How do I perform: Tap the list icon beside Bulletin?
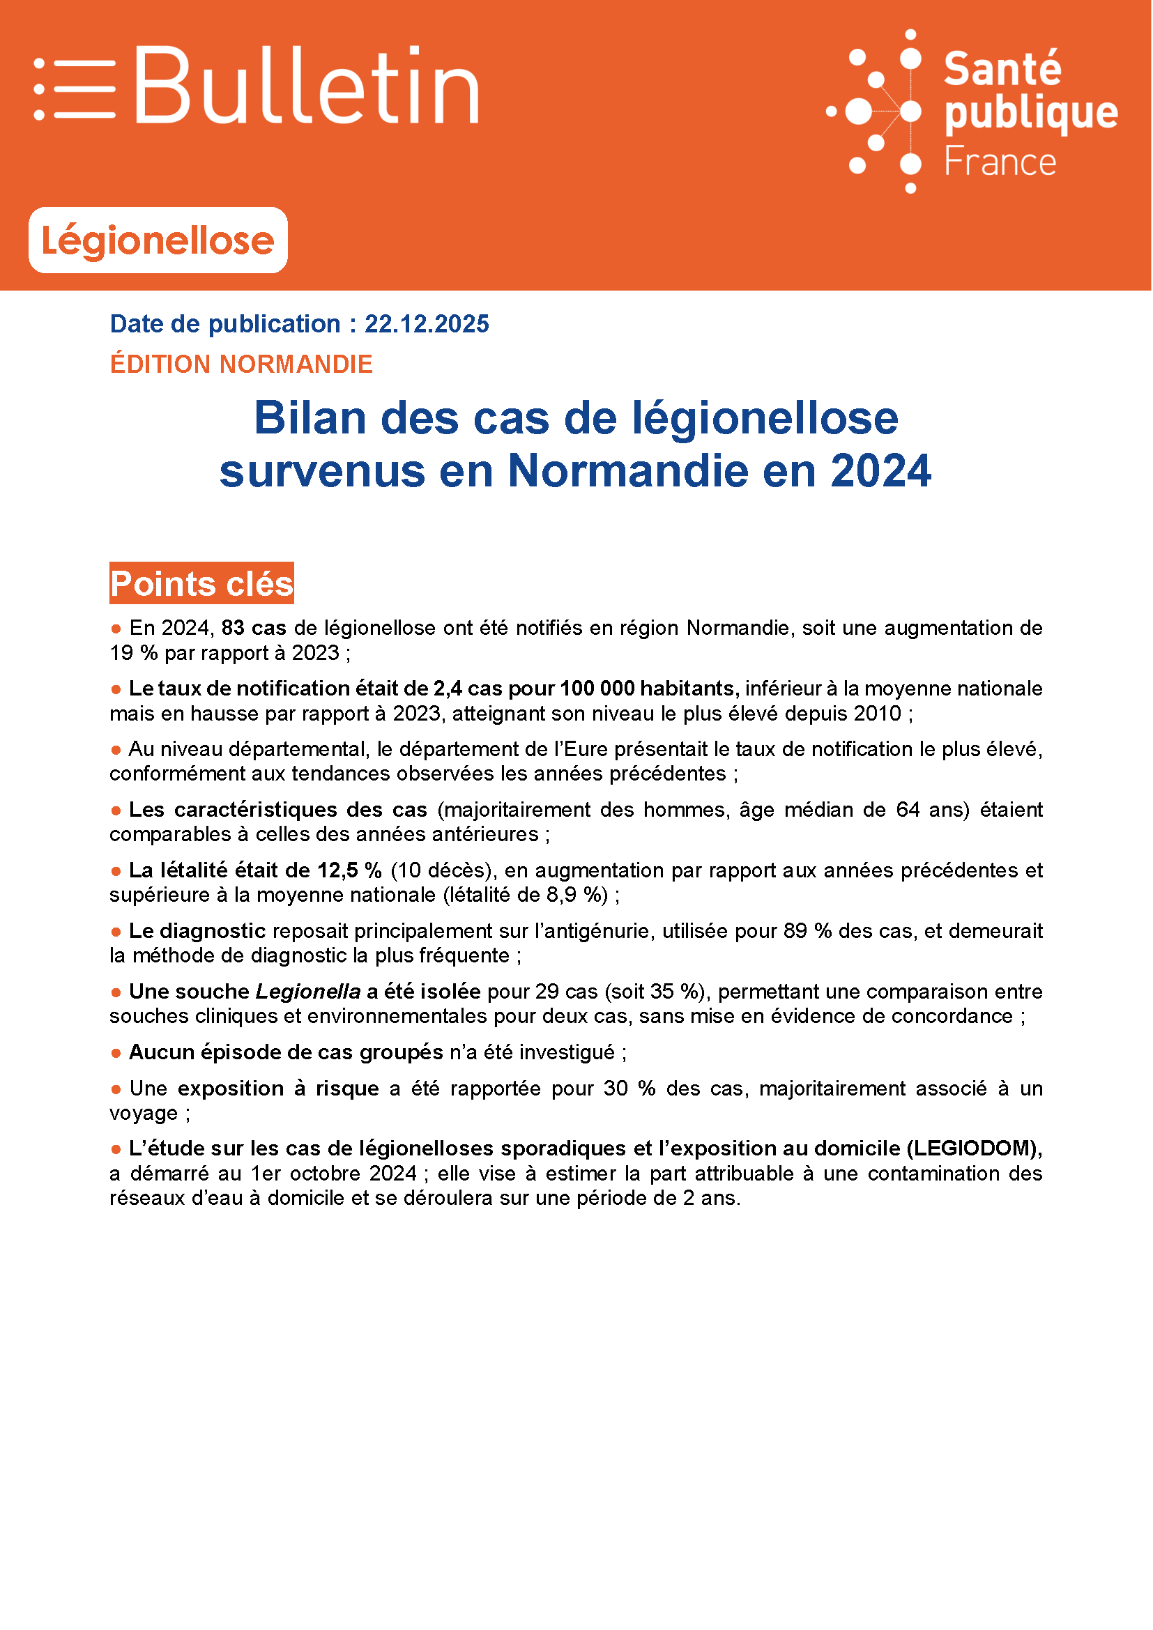(75, 89)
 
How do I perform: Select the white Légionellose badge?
(158, 240)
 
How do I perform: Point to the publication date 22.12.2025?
(427, 324)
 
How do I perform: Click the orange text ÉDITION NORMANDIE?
(241, 364)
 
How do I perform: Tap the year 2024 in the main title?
(880, 470)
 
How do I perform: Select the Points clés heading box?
(201, 583)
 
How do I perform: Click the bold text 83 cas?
(254, 629)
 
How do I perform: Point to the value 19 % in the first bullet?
(133, 653)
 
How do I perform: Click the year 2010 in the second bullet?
(878, 714)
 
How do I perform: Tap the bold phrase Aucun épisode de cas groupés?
(286, 1052)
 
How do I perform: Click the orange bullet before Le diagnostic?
(116, 932)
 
